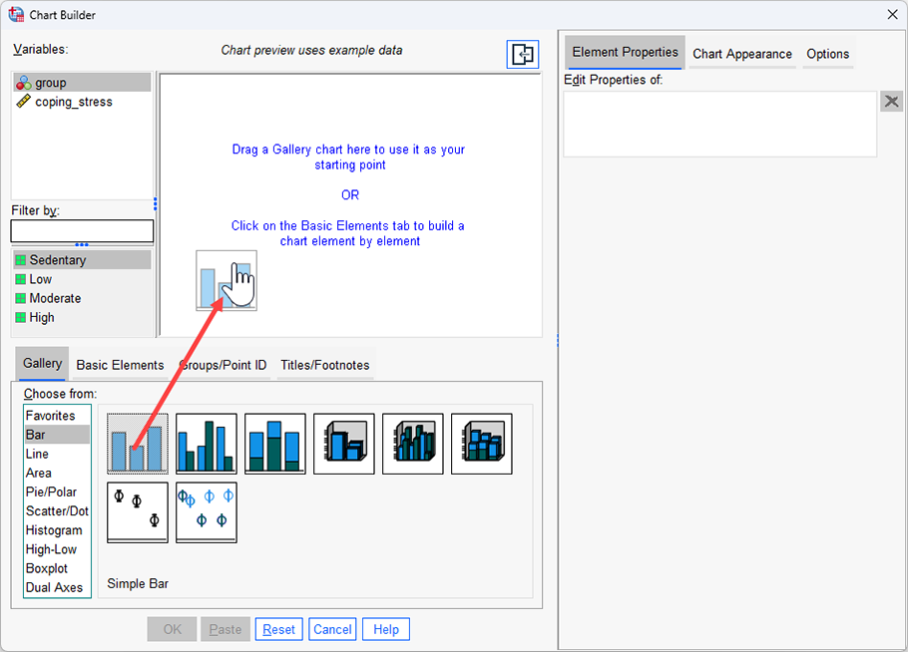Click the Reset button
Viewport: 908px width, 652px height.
click(x=279, y=629)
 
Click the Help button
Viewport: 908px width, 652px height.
click(x=385, y=629)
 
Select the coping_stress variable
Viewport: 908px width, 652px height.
click(x=73, y=102)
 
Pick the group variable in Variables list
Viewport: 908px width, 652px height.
click(x=50, y=83)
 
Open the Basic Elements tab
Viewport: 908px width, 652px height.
click(x=120, y=365)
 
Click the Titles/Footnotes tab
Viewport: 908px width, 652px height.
click(x=324, y=365)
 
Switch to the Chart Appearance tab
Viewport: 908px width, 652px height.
click(x=741, y=54)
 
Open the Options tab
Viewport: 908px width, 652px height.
click(x=827, y=54)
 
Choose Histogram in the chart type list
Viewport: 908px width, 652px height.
click(x=54, y=530)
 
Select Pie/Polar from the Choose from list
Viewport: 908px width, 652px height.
click(x=51, y=492)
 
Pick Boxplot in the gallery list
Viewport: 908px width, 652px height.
click(x=47, y=568)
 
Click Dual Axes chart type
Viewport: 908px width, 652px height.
click(x=54, y=587)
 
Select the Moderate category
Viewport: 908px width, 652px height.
click(x=55, y=298)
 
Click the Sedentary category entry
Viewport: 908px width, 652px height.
click(x=57, y=260)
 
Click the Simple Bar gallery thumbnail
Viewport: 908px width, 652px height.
click(x=138, y=444)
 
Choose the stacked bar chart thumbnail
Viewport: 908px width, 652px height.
click(x=274, y=444)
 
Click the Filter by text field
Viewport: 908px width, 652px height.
click(x=82, y=231)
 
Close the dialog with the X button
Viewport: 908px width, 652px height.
click(x=891, y=13)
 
